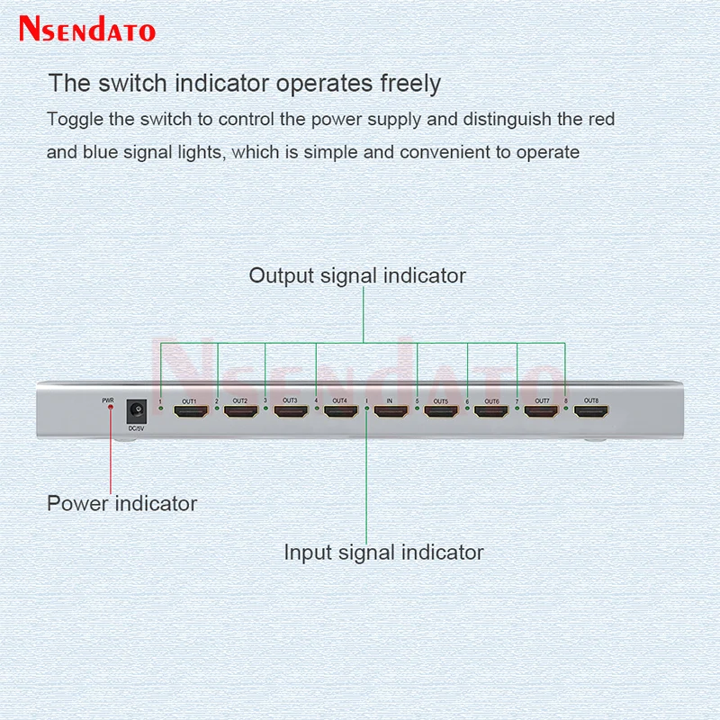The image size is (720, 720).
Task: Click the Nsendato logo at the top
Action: tap(88, 30)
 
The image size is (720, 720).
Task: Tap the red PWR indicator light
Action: tap(110, 408)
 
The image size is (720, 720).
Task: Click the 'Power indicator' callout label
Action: tap(121, 503)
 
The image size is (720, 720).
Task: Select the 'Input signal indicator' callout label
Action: tap(383, 552)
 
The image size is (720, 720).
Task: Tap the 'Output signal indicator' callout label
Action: tap(357, 275)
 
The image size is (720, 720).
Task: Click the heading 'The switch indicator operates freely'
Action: tap(244, 84)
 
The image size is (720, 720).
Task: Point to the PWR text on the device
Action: tap(108, 400)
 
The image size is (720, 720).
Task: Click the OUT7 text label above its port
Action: tap(542, 400)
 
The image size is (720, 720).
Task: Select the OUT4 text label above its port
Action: tap(339, 400)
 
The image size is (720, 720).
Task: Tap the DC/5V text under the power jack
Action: tap(137, 427)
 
